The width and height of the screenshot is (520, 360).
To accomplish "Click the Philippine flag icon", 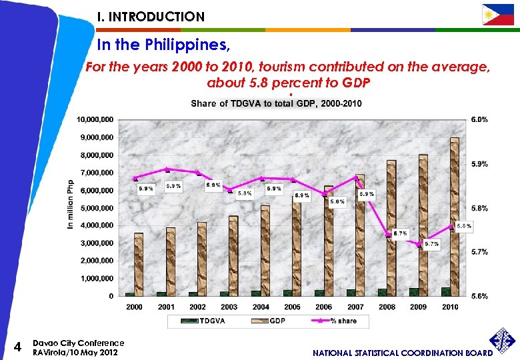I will (x=498, y=15).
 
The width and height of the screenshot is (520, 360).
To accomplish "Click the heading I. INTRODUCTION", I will (x=151, y=17).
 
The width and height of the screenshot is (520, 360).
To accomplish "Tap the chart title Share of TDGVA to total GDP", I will (x=276, y=103).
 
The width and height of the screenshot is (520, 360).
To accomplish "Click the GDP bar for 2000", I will (x=139, y=264).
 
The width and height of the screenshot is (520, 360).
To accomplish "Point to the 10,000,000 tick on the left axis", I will (x=95, y=120).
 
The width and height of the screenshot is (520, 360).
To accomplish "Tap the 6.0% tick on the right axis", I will (x=479, y=120).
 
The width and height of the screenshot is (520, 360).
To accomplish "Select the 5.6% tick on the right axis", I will (x=479, y=296).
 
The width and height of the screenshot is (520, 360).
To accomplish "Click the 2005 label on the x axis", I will (x=292, y=307).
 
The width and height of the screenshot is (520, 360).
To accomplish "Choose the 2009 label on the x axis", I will (x=419, y=307).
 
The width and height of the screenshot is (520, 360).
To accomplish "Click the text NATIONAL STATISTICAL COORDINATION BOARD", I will (x=403, y=352).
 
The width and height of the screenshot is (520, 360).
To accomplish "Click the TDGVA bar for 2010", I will (x=445, y=291).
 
